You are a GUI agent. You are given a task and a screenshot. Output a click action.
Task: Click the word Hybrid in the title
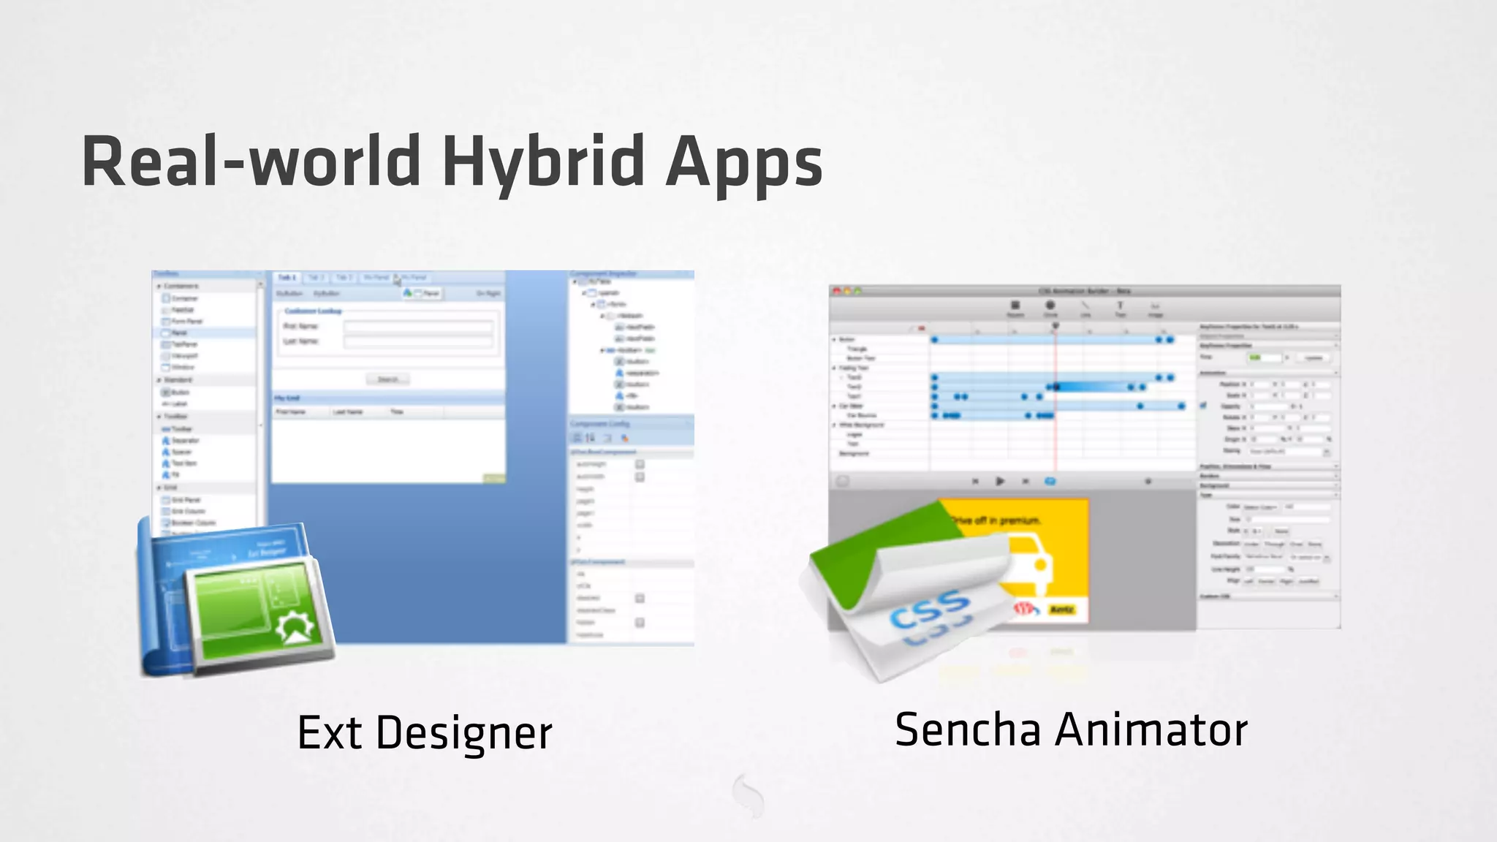[x=544, y=162]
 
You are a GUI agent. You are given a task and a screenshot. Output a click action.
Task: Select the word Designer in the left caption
[x=463, y=733]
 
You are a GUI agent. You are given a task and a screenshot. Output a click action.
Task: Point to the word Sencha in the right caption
[x=967, y=729]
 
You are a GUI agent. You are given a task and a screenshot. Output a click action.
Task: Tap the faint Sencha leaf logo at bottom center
[x=748, y=794]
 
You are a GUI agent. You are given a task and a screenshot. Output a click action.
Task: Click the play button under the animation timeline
[x=1000, y=481]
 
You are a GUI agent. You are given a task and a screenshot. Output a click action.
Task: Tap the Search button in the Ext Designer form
[x=387, y=379]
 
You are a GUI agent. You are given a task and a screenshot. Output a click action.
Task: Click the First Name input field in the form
[x=418, y=327]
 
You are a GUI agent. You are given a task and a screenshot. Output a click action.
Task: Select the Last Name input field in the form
[x=418, y=341]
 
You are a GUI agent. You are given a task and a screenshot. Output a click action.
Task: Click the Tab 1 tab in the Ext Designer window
[x=287, y=278]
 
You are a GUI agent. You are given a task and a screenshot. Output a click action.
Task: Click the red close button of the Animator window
[x=838, y=291]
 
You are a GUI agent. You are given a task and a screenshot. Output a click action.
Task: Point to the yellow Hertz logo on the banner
[x=1061, y=609]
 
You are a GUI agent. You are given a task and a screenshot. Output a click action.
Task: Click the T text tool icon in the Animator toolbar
[x=1119, y=306]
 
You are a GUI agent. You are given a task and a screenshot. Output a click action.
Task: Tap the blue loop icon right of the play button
[x=1050, y=481]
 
